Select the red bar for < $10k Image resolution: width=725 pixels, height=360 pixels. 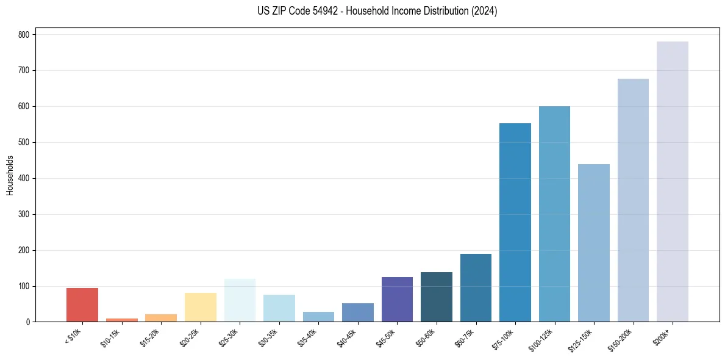coord(82,305)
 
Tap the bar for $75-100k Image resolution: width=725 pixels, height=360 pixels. coord(515,223)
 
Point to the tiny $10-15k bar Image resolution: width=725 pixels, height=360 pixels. coord(121,320)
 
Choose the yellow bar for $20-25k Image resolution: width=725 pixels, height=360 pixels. coord(201,308)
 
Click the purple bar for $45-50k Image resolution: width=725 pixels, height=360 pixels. coord(397,300)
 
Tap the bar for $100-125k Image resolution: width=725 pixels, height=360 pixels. coord(554,214)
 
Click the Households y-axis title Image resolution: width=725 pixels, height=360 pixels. coord(10,175)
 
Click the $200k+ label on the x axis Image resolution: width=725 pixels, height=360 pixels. coord(662,336)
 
